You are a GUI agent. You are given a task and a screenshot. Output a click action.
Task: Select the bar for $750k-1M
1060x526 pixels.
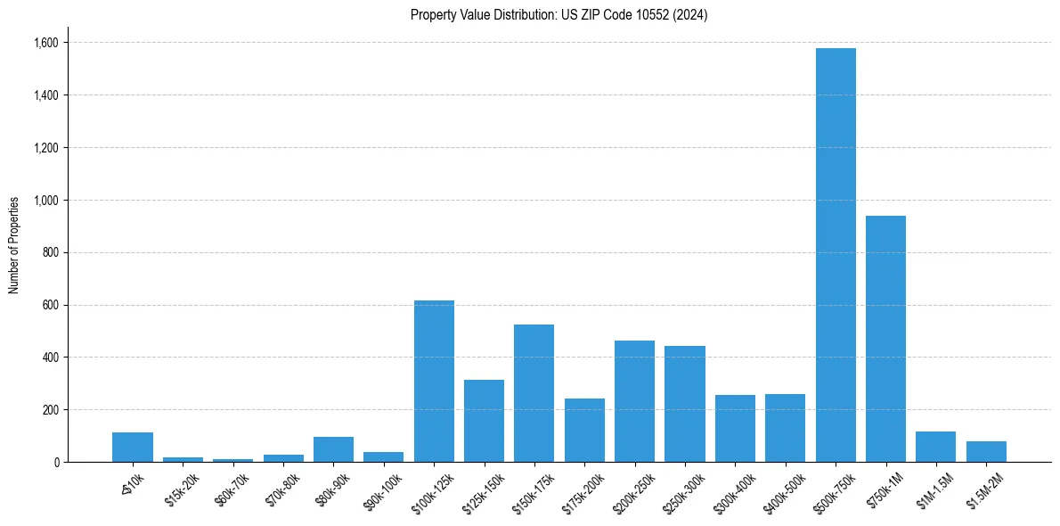[x=885, y=339]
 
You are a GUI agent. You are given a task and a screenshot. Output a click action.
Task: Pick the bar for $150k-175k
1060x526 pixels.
[x=534, y=393]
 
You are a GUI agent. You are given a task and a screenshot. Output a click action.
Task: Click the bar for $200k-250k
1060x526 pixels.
[x=634, y=401]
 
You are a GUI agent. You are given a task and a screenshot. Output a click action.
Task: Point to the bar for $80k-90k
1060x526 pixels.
[x=333, y=449]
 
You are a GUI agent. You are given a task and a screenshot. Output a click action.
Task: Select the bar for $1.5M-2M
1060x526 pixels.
[x=986, y=452]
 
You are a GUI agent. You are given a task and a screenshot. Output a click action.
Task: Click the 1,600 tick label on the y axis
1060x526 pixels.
[x=46, y=43]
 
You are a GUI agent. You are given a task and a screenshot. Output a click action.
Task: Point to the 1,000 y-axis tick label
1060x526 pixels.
[x=46, y=201]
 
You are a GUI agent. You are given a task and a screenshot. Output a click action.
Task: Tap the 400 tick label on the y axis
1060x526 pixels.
[x=52, y=358]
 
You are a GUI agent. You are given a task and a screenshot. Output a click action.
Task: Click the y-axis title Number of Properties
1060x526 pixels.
[x=14, y=244]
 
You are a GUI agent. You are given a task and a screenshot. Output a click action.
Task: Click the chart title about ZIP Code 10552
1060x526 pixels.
[x=559, y=15]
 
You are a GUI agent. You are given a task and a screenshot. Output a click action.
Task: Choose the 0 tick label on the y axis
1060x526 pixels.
[x=56, y=462]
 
